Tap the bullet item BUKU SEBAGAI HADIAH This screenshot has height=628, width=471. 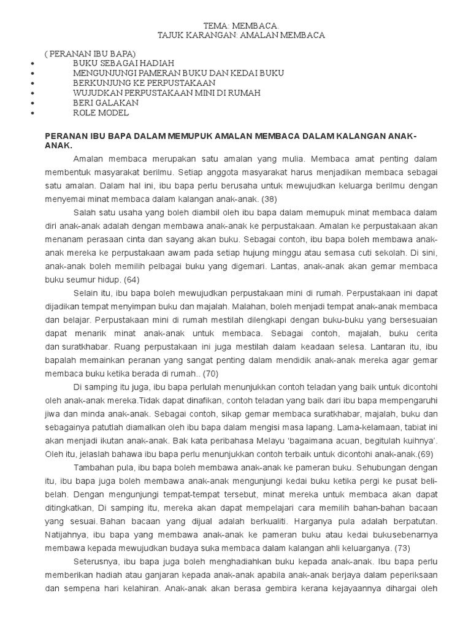123,63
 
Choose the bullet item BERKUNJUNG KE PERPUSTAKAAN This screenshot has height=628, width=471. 144,82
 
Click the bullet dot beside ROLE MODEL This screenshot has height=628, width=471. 32,113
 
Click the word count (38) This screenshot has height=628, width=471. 270,199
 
